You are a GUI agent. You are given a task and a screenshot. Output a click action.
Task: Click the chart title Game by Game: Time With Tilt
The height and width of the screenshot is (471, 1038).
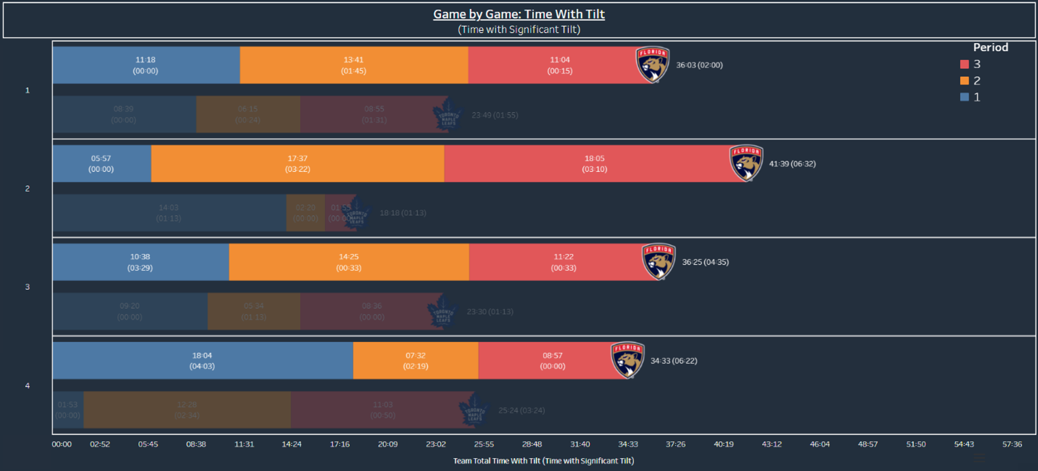518,14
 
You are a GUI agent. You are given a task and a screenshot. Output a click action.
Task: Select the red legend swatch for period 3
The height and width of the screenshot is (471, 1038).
965,64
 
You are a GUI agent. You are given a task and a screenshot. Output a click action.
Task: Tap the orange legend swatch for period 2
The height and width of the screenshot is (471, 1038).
965,80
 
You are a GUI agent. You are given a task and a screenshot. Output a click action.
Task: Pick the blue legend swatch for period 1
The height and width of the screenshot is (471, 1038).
965,97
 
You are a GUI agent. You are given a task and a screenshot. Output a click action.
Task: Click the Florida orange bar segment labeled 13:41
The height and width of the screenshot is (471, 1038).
353,65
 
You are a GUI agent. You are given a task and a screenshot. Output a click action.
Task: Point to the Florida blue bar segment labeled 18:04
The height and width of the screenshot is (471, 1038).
202,361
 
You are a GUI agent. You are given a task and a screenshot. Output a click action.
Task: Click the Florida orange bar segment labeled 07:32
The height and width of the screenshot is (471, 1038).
415,361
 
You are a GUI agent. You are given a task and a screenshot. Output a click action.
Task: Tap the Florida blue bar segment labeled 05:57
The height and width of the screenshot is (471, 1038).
101,164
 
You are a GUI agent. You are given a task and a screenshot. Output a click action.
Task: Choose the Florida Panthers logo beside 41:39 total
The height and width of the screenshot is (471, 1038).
746,163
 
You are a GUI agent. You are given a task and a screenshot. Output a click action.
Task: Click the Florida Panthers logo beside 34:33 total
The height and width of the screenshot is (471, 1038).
627,360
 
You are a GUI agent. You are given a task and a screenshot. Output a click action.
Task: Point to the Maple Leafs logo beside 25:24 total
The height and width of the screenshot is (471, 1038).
474,410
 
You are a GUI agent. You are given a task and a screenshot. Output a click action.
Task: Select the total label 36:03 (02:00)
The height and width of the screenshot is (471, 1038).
699,65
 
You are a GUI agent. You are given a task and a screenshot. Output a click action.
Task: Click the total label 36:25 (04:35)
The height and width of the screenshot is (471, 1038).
705,262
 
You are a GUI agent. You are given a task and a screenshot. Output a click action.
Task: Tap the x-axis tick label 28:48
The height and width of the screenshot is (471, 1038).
532,444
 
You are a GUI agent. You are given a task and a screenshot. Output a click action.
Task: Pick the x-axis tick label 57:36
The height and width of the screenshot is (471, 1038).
1012,444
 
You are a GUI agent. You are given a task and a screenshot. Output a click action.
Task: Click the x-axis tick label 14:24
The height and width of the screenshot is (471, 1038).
292,444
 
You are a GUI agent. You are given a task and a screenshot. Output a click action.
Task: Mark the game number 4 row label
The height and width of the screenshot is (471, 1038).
27,385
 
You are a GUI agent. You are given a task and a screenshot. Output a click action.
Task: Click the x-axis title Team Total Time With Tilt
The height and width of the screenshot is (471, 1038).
543,461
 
